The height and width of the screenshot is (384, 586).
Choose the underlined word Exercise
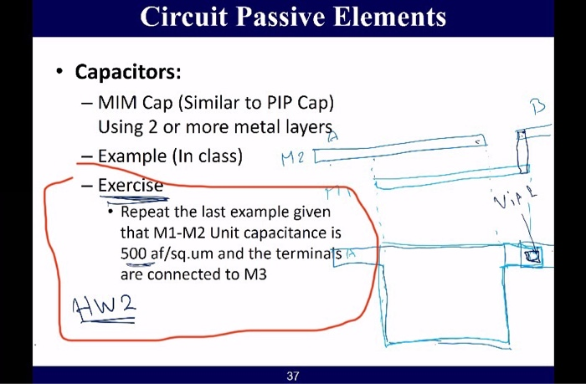pos(131,185)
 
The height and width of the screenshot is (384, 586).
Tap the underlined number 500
pos(135,252)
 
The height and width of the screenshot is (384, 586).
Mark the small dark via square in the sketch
pos(529,254)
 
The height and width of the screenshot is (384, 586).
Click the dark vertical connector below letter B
pos(522,151)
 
